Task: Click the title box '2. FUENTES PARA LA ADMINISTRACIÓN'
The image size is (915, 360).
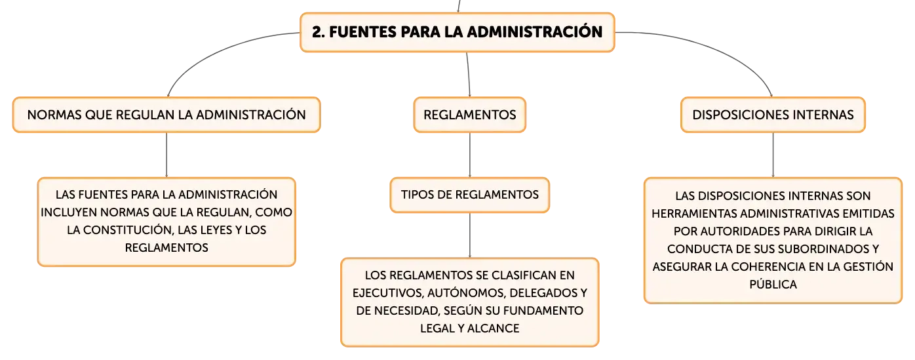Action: point(457,32)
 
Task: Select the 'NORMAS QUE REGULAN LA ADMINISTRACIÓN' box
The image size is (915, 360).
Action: point(166,115)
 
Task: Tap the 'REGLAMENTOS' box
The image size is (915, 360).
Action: point(470,115)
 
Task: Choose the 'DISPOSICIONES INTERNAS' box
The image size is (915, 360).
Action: point(773,115)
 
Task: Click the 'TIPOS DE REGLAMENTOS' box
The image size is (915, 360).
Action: point(470,195)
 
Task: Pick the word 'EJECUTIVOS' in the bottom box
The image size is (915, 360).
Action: point(386,293)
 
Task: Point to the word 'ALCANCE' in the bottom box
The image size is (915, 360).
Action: point(493,329)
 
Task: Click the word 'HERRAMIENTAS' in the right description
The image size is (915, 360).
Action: point(694,214)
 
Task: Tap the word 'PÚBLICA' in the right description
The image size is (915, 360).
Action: point(773,284)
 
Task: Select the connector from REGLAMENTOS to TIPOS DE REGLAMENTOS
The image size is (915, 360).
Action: point(470,155)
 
